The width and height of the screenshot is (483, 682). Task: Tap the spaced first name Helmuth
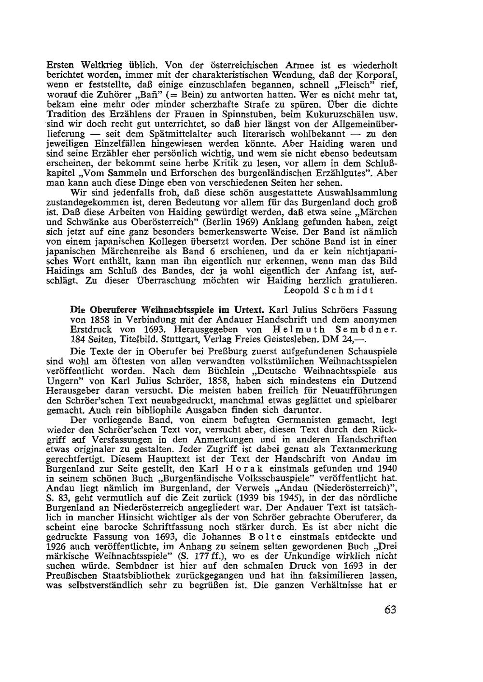[x=296, y=329]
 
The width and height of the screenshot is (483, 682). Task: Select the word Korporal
[x=376, y=74]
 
